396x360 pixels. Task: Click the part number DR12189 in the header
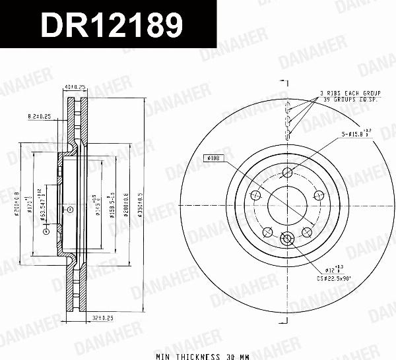pyautogui.click(x=112, y=26)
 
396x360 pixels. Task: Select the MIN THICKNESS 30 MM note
pyautogui.click(x=198, y=355)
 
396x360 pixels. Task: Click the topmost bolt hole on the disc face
pyautogui.click(x=287, y=173)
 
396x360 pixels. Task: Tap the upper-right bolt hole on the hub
pyautogui.click(x=318, y=195)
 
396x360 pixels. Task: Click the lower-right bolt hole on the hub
pyautogui.click(x=306, y=231)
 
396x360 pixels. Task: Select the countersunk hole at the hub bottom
pyautogui.click(x=287, y=239)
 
